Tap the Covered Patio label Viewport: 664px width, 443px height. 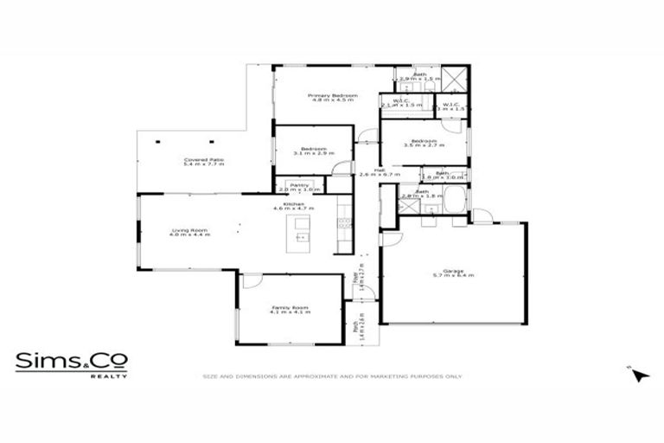(x=204, y=159)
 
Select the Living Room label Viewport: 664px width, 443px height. (x=189, y=229)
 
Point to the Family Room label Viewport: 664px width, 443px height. (x=290, y=307)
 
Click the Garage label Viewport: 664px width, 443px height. (x=453, y=271)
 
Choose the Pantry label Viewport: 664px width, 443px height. (x=300, y=184)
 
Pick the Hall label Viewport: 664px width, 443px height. (x=379, y=170)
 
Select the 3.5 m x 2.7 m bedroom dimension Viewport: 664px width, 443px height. (x=423, y=145)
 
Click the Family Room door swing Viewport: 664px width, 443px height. (x=248, y=282)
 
